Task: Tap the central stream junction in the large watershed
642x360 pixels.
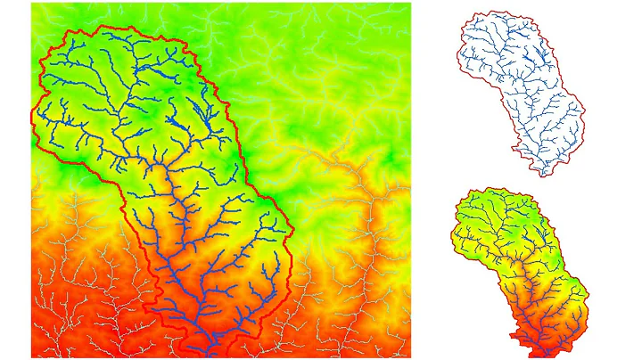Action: [161, 166]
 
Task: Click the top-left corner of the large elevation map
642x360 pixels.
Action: [32, 4]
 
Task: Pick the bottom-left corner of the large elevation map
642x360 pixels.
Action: [32, 357]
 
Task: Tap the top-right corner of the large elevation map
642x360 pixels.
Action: [410, 4]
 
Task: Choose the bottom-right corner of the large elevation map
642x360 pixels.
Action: [410, 357]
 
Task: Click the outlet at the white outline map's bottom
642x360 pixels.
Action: [542, 175]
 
